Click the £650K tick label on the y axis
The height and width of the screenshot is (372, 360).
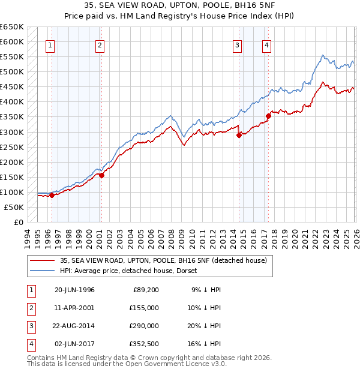tap(12, 27)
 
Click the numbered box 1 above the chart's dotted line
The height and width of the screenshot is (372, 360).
tap(50, 45)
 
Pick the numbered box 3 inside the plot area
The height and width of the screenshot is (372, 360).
tap(238, 45)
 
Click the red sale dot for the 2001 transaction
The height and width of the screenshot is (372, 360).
tap(101, 176)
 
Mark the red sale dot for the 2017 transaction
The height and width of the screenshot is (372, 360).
tap(268, 116)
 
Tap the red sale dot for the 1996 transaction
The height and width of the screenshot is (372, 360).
tap(52, 195)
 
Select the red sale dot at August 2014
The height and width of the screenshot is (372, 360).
tap(239, 135)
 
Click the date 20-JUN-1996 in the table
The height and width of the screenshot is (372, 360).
tap(74, 290)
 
